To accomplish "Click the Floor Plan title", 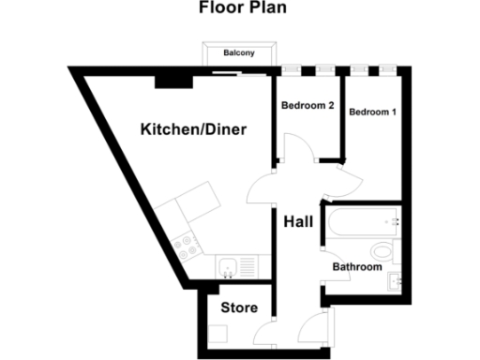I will (240, 10).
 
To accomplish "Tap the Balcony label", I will (239, 53).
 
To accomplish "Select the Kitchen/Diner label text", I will (194, 128).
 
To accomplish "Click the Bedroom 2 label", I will (307, 105).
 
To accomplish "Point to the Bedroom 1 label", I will (372, 112).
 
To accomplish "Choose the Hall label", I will (298, 222).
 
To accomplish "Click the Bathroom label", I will (358, 267).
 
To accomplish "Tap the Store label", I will (238, 307).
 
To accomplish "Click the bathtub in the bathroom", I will (362, 224).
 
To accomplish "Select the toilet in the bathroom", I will (382, 250).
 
